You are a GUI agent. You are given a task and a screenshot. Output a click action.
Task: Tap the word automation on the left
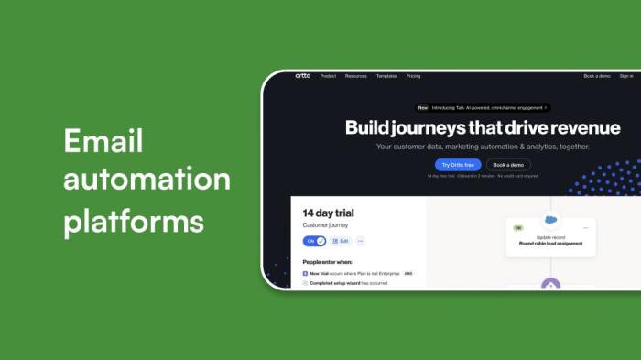point(147,180)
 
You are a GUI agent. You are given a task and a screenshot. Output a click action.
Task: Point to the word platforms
point(133,221)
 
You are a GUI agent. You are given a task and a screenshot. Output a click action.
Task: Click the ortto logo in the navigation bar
point(302,76)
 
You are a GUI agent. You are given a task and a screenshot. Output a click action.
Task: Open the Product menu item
point(327,76)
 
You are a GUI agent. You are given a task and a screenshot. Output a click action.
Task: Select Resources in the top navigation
point(355,76)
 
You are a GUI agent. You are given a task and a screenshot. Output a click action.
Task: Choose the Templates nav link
point(386,76)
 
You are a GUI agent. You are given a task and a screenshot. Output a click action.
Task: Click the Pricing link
point(413,76)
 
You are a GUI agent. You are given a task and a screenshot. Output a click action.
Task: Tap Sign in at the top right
point(626,76)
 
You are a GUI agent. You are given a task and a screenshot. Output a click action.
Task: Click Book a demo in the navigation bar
point(597,76)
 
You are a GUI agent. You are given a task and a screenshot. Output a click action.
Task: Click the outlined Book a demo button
point(507,165)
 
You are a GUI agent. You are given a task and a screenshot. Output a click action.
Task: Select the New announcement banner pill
point(483,107)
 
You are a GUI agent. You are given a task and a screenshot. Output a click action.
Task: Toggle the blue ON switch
point(314,241)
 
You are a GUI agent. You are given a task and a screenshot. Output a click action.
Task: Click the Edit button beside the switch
point(341,241)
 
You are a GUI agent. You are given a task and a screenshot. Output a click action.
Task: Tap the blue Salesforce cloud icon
point(550,220)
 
